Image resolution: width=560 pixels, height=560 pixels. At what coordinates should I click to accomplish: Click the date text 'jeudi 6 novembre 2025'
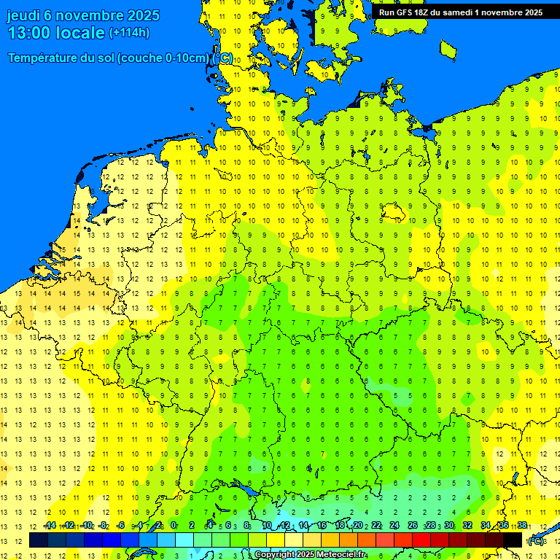tap(84, 15)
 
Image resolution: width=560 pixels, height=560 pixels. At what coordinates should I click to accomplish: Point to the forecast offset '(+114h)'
tap(130, 33)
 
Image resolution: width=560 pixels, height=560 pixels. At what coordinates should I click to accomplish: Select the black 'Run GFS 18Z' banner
tap(460, 12)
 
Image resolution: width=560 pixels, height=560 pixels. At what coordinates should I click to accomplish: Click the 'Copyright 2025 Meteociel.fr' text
tap(310, 555)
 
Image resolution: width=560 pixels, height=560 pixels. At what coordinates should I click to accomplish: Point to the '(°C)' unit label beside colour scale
tap(537, 541)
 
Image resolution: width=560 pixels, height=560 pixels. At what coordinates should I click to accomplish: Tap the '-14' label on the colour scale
tap(50, 525)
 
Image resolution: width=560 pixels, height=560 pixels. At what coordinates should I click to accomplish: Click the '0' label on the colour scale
tap(174, 525)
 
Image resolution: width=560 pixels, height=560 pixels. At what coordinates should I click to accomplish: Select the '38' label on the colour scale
tap(522, 525)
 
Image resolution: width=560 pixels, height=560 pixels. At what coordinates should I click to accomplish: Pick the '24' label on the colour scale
tap(394, 525)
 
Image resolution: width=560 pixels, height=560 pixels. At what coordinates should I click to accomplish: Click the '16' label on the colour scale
tap(321, 525)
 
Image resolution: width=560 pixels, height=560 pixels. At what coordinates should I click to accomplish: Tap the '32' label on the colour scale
tap(467, 525)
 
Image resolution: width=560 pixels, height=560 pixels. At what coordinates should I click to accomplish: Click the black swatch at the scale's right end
tap(513, 540)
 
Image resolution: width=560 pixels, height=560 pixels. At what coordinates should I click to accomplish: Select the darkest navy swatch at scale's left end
tap(39, 540)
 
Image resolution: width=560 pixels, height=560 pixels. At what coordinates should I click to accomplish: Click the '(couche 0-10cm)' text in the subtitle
tap(163, 58)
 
